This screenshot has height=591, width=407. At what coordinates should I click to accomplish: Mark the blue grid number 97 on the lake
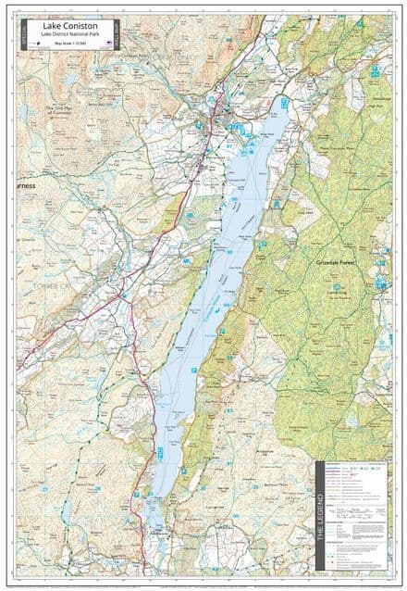click(230, 145)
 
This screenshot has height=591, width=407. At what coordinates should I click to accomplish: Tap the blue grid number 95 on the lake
click(228, 251)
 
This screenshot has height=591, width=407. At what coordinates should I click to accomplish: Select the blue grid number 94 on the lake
click(225, 304)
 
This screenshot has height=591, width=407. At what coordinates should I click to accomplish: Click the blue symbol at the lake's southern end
click(159, 450)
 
